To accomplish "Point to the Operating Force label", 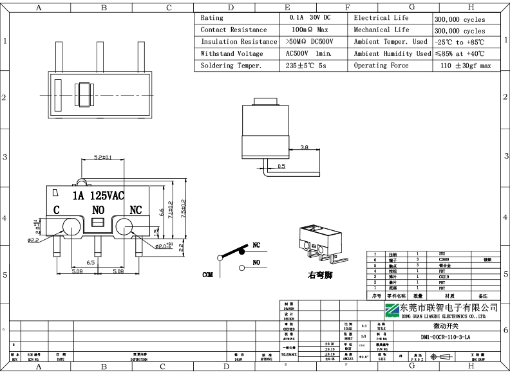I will coord(381,66).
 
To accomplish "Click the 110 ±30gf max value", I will coord(466,66).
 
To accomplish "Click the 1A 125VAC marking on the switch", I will coord(98,195).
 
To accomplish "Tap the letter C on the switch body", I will coord(57,210).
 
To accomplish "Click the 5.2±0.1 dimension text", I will coord(103,158).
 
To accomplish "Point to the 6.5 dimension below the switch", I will coord(91,263).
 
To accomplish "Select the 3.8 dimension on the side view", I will coord(304,147).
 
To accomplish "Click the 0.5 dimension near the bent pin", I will coord(281,167).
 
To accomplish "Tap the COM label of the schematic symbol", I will coord(207,275).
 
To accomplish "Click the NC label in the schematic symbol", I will coord(256,245).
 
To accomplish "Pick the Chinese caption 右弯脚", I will coord(320,275).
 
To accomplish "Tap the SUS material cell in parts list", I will coord(441,254).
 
